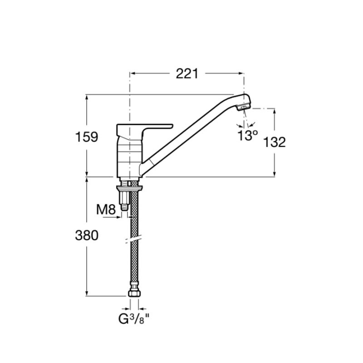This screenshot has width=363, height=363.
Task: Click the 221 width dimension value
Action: click(187, 74)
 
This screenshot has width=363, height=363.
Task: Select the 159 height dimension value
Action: click(87, 137)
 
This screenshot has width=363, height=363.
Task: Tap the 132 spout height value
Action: click(275, 142)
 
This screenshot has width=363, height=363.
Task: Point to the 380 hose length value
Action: click(87, 235)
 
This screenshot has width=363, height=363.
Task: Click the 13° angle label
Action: click(248, 135)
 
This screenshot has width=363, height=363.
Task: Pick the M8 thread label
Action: click(106, 210)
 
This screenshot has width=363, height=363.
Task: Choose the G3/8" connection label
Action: click(133, 319)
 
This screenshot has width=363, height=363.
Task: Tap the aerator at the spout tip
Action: click(244, 108)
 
